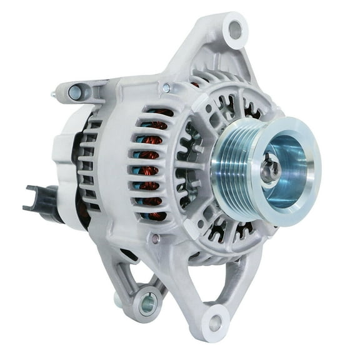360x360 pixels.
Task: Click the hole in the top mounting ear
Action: pos(235,29)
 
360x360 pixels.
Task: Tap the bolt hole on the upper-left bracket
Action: pos(75,93)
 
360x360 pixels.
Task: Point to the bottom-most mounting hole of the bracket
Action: pos(216,323)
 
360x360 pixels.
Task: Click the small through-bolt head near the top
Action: pos(166,88)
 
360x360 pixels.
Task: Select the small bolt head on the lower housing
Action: pos(154,238)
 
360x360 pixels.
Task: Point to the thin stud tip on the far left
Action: pos(53,94)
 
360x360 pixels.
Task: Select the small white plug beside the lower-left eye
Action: pos(118,300)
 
